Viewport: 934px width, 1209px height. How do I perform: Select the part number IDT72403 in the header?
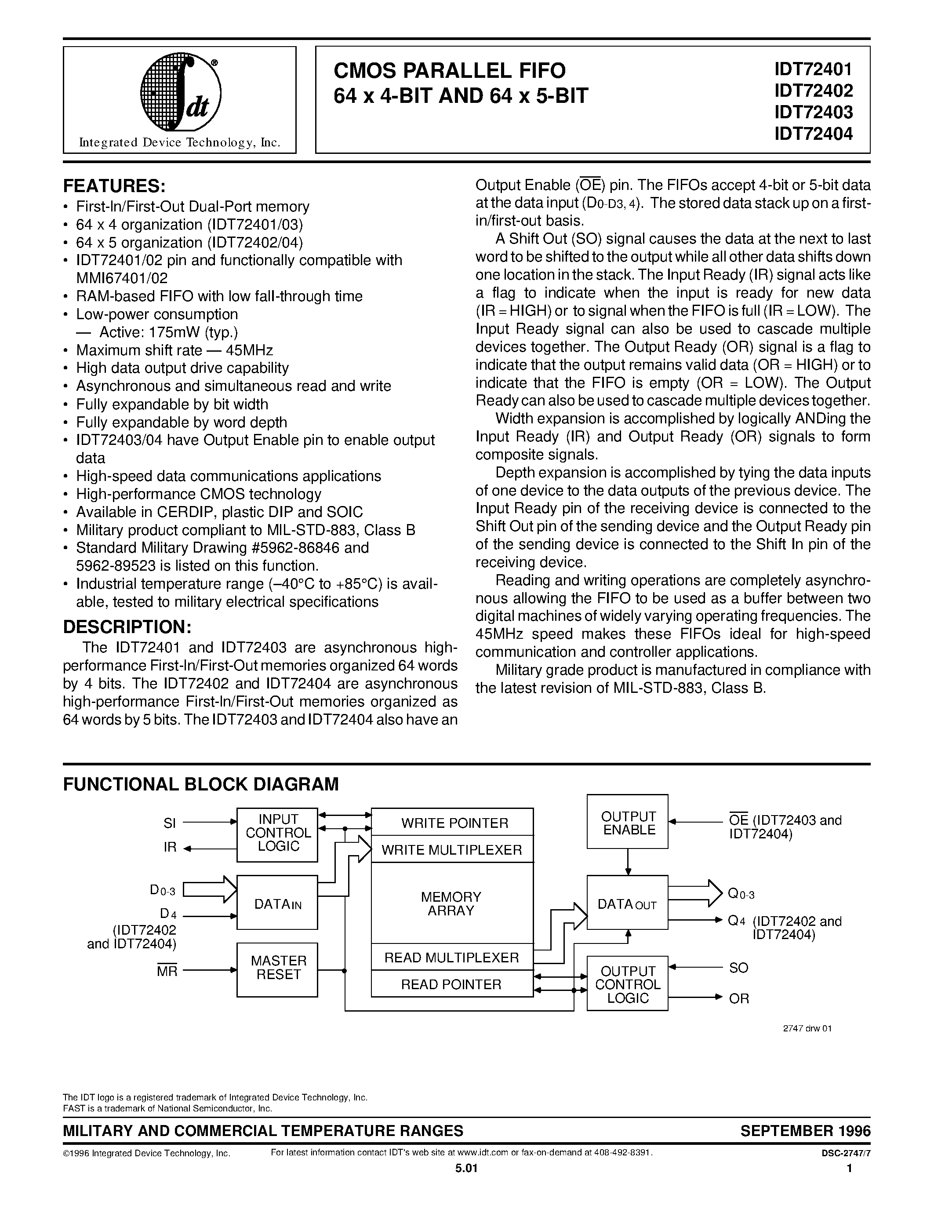pyautogui.click(x=814, y=112)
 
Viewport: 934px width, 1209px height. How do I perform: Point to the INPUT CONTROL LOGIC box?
pyautogui.click(x=277, y=834)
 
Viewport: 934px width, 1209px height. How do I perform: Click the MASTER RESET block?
pyautogui.click(x=277, y=969)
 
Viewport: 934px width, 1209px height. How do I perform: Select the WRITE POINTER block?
pyautogui.click(x=452, y=823)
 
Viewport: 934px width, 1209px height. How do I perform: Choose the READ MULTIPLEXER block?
pyautogui.click(x=452, y=957)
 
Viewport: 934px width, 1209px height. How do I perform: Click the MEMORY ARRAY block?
pyautogui.click(x=452, y=903)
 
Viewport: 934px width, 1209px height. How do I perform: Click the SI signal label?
pyautogui.click(x=170, y=823)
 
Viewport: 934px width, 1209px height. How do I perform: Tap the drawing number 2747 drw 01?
pyautogui.click(x=807, y=1029)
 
